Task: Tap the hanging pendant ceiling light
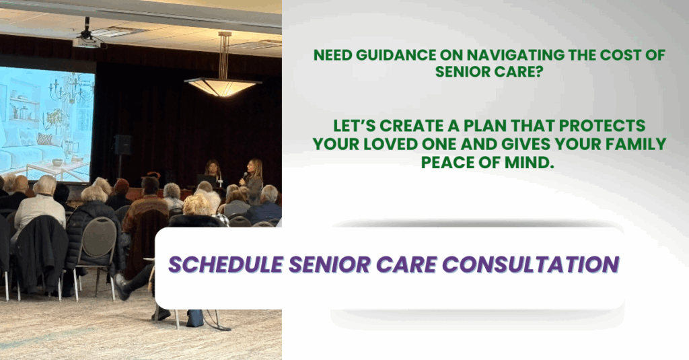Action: click(223, 85)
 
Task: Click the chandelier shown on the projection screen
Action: click(71, 90)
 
